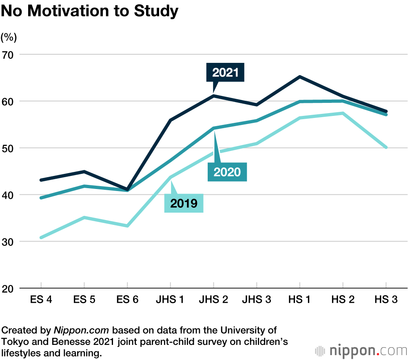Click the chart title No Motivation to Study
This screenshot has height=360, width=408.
pos(89,11)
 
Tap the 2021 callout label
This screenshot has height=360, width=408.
pos(225,73)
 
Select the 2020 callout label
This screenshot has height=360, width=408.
pos(227,172)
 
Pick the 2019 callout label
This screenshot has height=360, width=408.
pos(184,203)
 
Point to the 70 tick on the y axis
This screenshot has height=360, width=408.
pos(8,54)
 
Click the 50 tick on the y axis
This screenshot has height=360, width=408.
pos(8,148)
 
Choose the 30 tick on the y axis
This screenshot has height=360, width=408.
pos(8,242)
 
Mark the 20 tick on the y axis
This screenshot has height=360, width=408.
pos(8,288)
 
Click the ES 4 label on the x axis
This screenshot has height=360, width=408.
pos(41,300)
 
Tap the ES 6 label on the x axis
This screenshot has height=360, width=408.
pos(127,300)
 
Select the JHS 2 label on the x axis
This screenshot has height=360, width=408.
pos(213,300)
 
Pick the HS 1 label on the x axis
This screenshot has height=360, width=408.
pos(299,300)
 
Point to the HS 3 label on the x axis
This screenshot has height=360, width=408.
pos(386,300)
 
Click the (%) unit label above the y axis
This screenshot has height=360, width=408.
pos(9,38)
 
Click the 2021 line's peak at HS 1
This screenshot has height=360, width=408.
pos(300,77)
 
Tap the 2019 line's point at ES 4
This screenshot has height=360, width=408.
pos(41,238)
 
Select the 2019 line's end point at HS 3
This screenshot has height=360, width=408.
pos(386,147)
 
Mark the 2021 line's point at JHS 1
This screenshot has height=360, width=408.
pos(171,120)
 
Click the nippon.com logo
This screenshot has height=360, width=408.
pos(361,351)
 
